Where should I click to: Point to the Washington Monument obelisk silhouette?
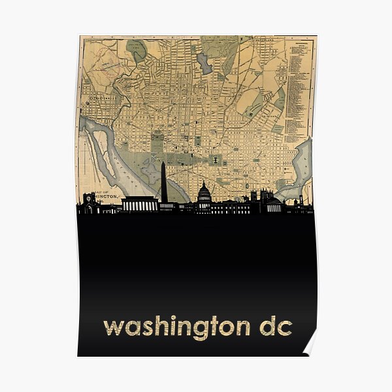pos(163,183)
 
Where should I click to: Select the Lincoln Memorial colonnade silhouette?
pos(140,204)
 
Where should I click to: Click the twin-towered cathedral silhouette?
pos(263,198)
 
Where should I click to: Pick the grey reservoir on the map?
pos(204,63)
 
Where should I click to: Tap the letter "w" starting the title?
pos(112,326)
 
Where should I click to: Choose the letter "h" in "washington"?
pos(157,324)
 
